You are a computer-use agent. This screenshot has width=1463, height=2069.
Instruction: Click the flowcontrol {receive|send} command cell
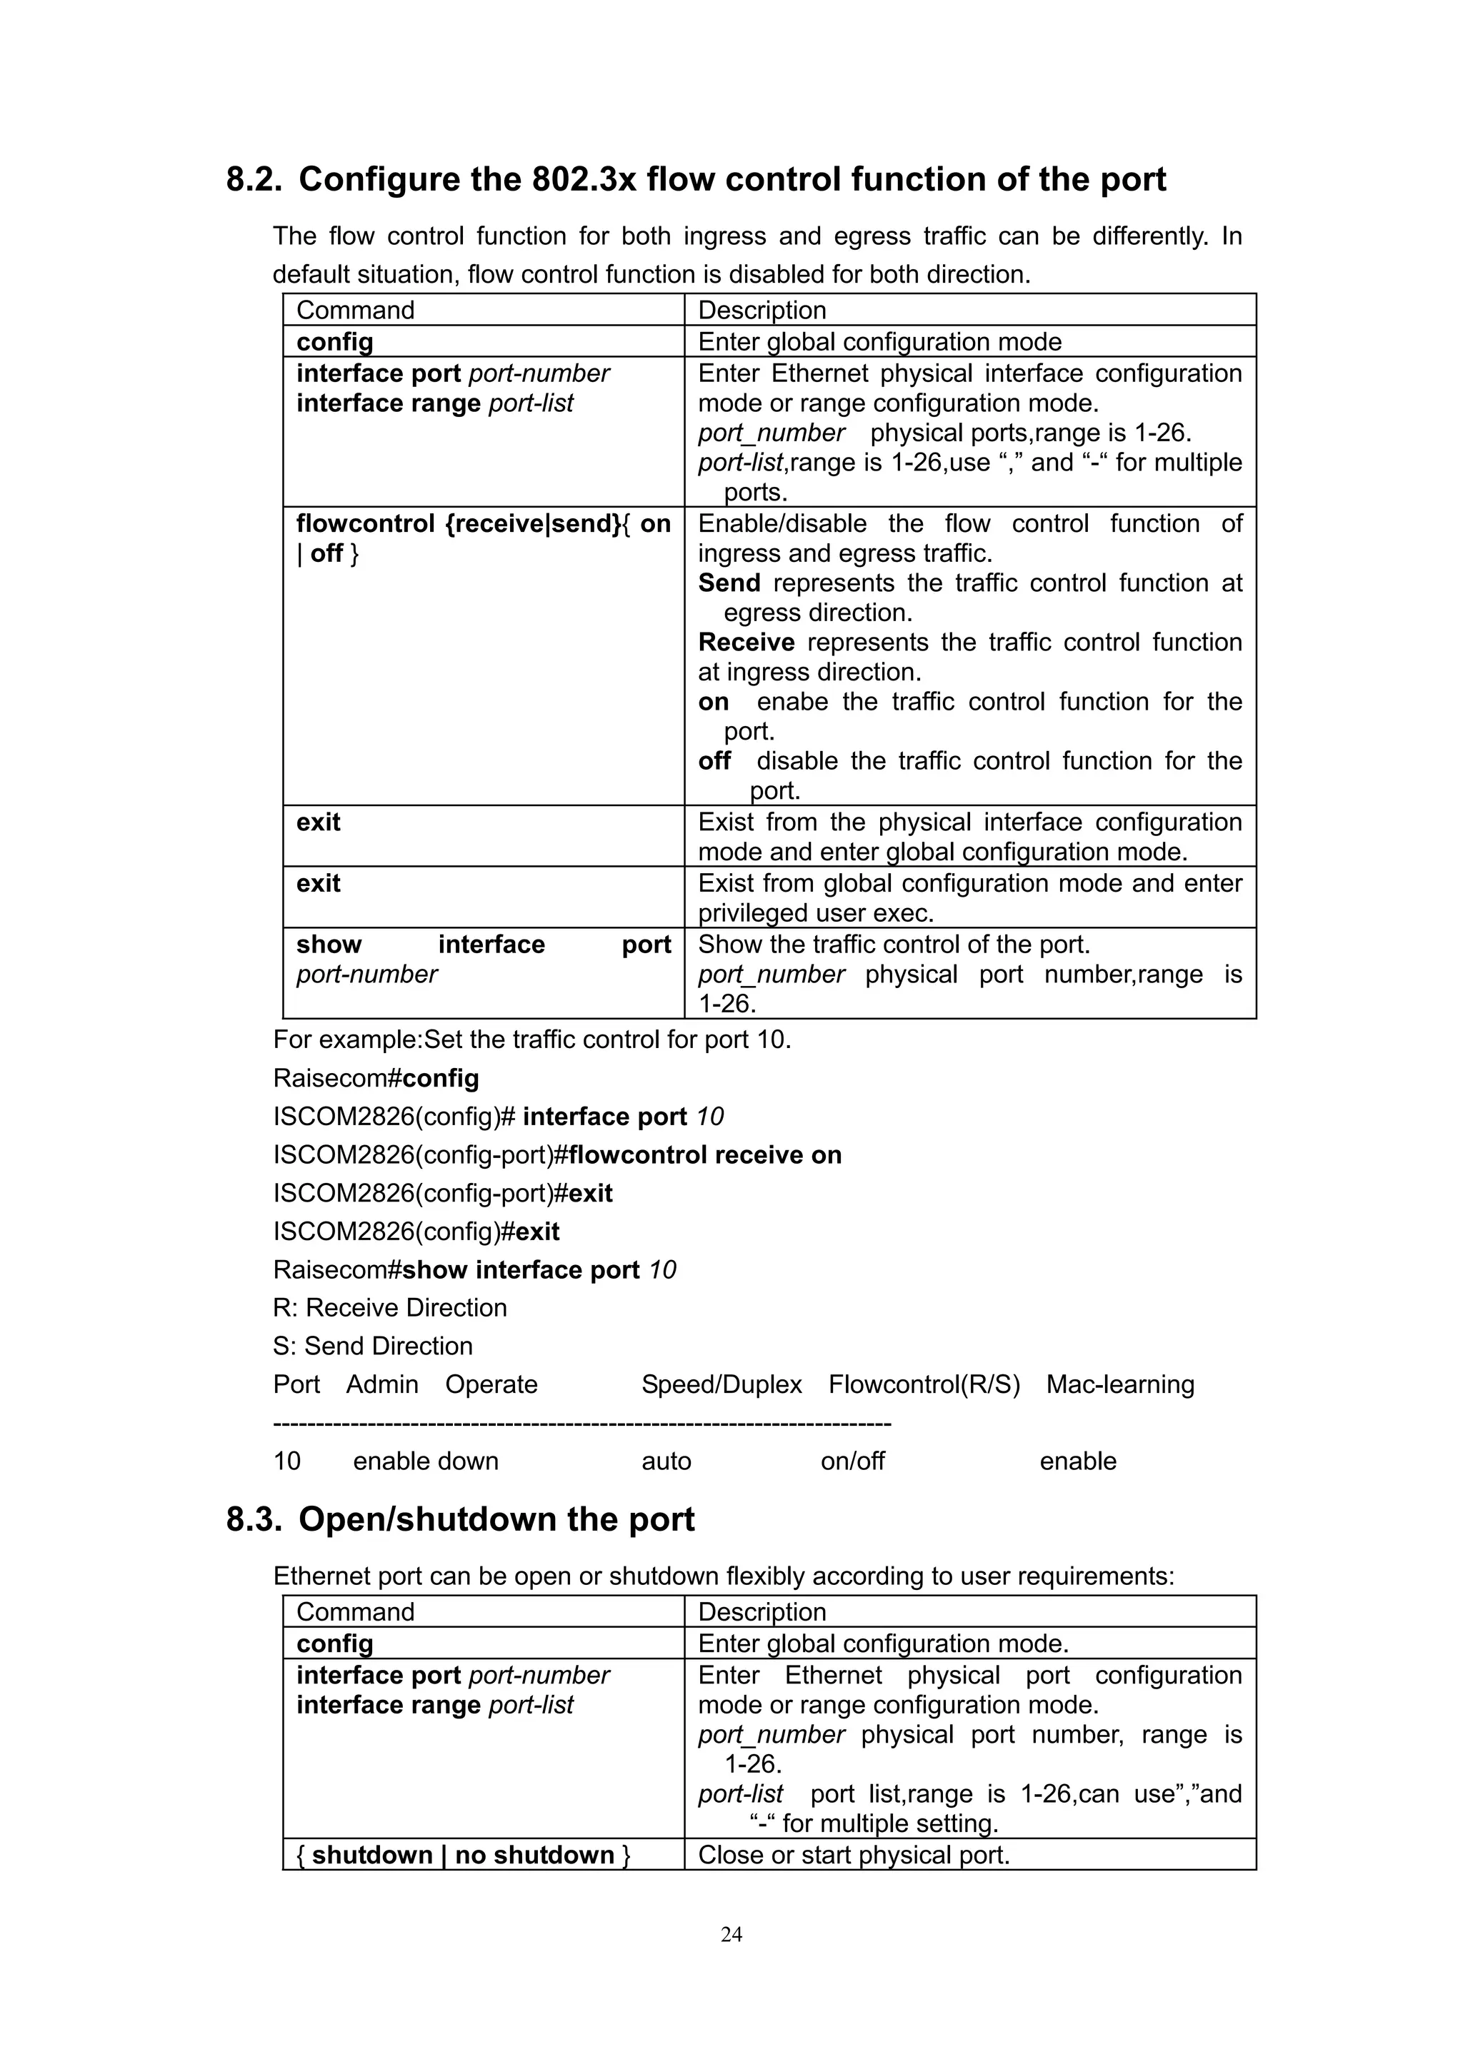coord(483,538)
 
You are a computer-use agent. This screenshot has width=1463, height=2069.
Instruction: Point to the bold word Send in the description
coord(729,583)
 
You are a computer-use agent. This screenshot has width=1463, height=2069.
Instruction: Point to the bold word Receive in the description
coord(746,643)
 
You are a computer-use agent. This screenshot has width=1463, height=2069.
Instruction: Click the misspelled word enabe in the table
coord(792,702)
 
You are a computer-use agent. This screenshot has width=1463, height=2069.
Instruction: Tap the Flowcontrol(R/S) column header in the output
coord(924,1384)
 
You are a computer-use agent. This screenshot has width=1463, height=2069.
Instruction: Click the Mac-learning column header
coord(1119,1384)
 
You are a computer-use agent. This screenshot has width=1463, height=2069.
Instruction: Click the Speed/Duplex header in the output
coord(721,1384)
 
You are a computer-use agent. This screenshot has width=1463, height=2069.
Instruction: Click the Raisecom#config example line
coord(376,1079)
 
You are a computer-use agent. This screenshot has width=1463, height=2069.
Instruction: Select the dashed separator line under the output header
coord(581,1423)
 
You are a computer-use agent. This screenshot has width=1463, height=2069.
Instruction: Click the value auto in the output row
coord(666,1461)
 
